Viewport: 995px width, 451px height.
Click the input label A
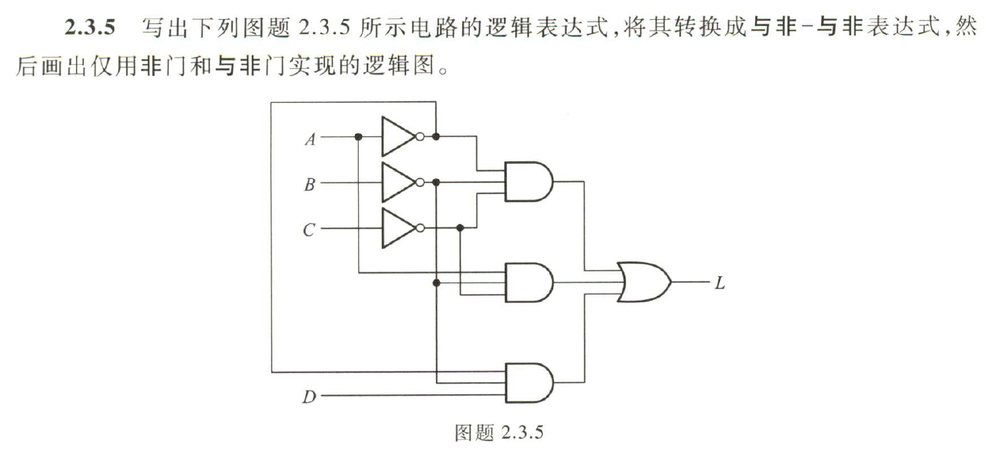309,139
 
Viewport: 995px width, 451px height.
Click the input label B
309,184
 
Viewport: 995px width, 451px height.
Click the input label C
309,230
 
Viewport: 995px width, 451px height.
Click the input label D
309,397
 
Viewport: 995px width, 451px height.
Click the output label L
719,284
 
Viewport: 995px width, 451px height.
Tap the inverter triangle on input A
396,137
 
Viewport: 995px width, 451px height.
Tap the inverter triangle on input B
396,182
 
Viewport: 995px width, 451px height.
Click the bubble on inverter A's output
420,137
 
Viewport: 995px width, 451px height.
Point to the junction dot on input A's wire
358,137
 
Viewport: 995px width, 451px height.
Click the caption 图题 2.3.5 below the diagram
499,433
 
